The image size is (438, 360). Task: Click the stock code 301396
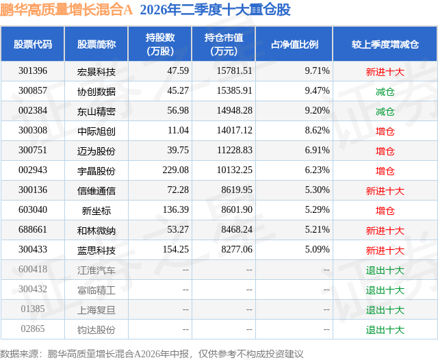(33, 71)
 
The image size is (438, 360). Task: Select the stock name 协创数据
(96, 91)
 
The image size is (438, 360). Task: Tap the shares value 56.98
(178, 111)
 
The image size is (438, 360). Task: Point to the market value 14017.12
(234, 131)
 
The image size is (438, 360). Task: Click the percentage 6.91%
(317, 151)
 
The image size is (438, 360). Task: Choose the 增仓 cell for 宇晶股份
(385, 170)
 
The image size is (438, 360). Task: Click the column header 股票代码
(33, 44)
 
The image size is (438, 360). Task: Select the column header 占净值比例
(294, 44)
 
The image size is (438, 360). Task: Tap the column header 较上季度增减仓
(385, 44)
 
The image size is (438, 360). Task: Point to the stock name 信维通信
(96, 190)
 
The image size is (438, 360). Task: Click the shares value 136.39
(176, 209)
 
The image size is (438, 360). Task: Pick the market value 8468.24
(237, 229)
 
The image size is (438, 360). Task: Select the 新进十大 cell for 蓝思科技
(385, 250)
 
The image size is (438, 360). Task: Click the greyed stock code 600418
(33, 269)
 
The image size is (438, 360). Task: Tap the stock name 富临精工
(96, 290)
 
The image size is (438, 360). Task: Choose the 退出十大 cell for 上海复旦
(385, 309)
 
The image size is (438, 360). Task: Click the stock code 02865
(33, 329)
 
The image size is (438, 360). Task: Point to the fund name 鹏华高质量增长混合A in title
(66, 10)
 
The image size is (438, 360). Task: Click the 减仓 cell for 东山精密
(385, 111)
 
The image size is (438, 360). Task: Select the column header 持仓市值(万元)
(224, 44)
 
